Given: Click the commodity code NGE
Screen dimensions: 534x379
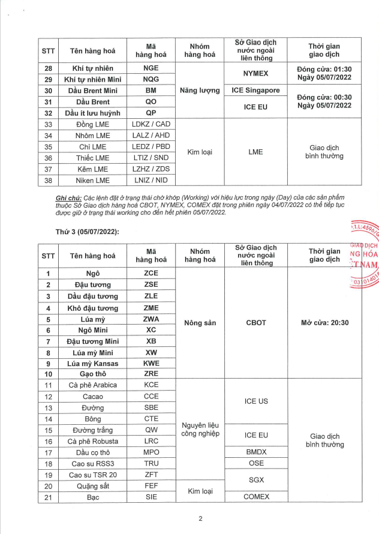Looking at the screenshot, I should [151, 68].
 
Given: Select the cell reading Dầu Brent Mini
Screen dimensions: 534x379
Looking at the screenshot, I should [89, 91].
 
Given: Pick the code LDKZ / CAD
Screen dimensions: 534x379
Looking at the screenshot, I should [151, 124].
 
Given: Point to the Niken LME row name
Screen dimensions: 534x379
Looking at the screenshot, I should [89, 180].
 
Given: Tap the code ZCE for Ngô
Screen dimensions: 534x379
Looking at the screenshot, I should [151, 273].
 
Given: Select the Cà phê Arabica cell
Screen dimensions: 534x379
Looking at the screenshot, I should [89, 385].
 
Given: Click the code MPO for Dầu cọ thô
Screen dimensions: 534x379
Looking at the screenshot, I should [151, 452].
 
